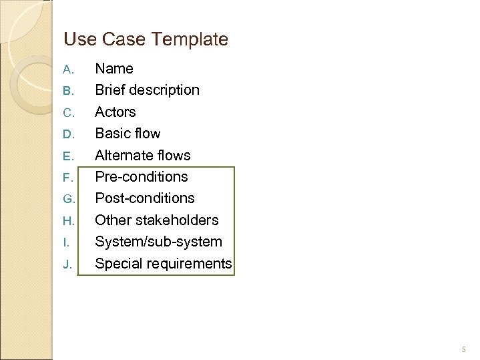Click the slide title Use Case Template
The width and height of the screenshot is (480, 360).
tap(146, 39)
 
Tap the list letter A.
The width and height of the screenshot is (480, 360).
tap(67, 69)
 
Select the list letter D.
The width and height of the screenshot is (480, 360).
tap(67, 134)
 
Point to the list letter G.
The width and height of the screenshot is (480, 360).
tap(67, 199)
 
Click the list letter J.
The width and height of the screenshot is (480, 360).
tap(67, 264)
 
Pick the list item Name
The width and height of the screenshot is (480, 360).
tap(114, 69)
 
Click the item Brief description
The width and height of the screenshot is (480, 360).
tap(147, 90)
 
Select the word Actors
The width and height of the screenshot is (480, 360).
tap(115, 112)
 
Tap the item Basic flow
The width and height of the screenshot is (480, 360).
tap(128, 134)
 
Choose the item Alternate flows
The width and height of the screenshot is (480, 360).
tap(142, 156)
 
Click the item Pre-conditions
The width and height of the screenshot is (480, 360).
tap(142, 177)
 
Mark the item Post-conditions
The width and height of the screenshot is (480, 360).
tap(145, 198)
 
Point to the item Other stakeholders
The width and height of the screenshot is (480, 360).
tap(156, 220)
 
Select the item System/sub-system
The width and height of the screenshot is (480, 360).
tap(158, 242)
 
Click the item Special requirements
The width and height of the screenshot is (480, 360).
tap(163, 264)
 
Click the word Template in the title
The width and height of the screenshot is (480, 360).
tap(190, 39)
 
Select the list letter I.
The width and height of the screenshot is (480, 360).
tap(66, 242)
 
